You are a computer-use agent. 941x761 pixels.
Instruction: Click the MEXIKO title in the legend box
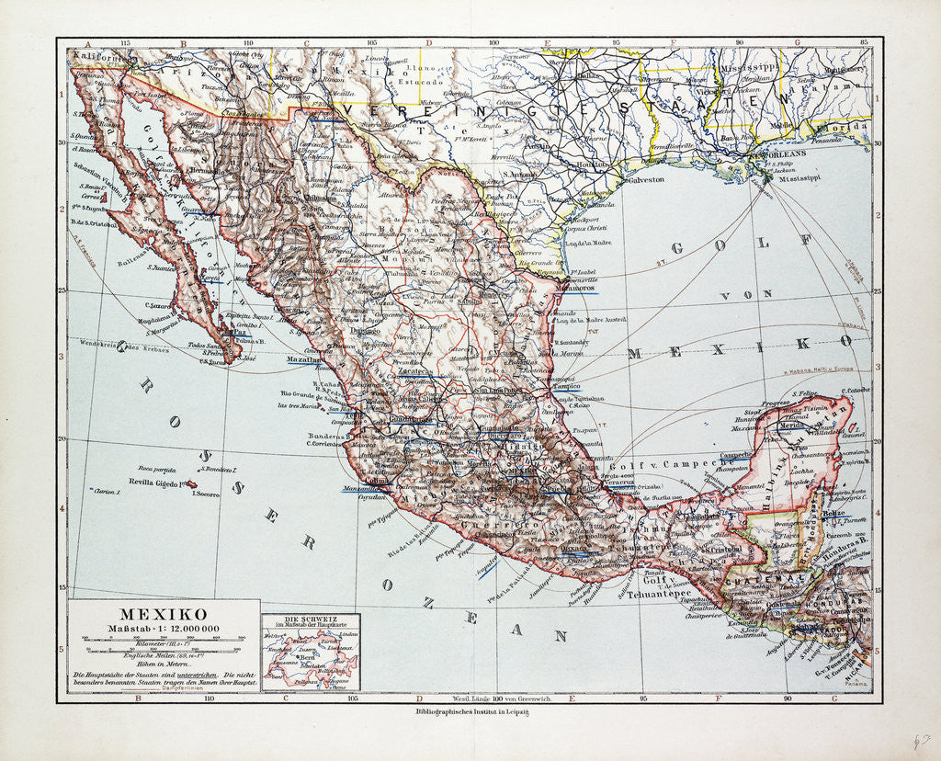(164, 612)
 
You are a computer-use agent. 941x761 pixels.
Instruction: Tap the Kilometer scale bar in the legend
(163, 637)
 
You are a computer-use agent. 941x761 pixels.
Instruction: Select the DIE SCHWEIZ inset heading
(310, 619)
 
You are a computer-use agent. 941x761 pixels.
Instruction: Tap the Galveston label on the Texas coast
(645, 180)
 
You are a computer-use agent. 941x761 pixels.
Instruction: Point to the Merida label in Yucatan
(789, 426)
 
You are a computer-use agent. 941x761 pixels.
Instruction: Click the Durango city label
(339, 328)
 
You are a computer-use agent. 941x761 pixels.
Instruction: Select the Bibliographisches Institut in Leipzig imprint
(470, 711)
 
